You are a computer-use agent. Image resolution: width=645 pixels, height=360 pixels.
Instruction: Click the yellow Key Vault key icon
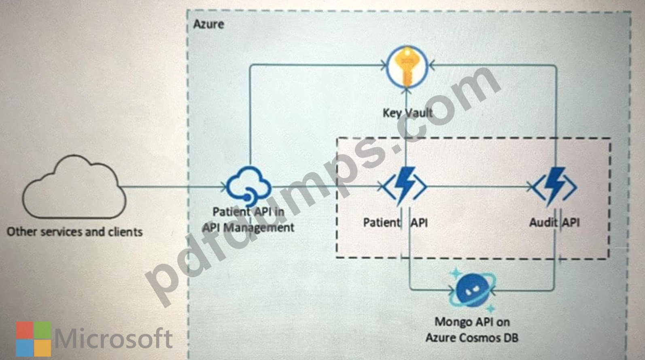407,67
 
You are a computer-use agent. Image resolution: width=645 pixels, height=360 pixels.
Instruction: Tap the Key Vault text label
407,112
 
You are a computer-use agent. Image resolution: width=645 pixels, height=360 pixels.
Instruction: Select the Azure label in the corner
208,24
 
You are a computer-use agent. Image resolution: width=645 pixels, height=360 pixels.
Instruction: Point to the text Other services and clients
74,232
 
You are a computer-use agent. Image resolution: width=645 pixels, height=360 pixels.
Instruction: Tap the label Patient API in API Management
248,220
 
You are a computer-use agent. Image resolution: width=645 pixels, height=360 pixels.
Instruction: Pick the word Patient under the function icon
382,222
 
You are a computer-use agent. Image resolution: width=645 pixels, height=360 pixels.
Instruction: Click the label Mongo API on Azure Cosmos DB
472,330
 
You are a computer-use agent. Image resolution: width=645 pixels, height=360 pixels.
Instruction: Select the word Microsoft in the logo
113,339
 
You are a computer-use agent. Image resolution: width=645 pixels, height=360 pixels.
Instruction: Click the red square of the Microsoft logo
24,330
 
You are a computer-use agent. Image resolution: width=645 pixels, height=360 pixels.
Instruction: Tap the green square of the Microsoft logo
43,330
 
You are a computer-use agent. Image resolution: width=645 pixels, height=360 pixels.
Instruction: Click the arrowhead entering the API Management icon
224,187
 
